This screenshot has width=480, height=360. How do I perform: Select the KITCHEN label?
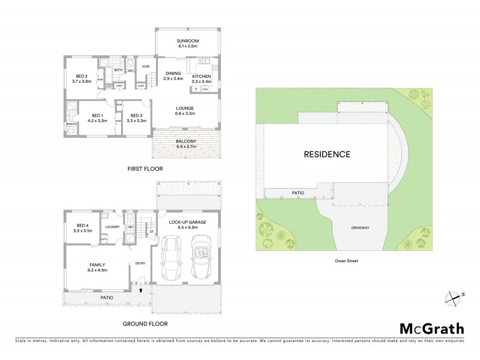click(x=201, y=77)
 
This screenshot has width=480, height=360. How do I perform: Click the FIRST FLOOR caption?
click(x=145, y=169)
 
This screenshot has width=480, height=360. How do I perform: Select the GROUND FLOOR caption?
click(x=145, y=323)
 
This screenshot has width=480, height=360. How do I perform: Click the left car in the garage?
click(x=172, y=259)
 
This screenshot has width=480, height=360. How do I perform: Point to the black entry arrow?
click(x=140, y=290)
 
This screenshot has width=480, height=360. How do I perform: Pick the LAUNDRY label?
click(x=112, y=227)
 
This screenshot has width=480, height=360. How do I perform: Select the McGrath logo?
click(x=431, y=328)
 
